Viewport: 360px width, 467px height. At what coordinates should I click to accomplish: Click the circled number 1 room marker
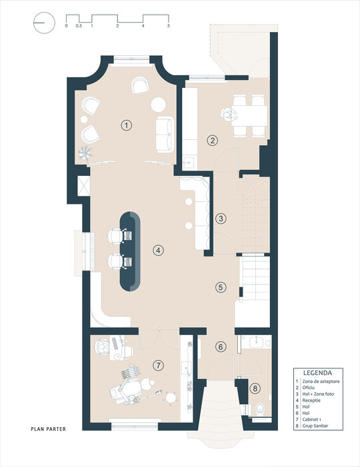point(127,125)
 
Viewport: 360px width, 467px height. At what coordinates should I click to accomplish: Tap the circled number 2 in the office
point(213,140)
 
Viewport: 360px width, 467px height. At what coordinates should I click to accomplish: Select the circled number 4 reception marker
point(158,250)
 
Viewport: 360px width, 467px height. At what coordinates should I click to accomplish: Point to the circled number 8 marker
point(255,388)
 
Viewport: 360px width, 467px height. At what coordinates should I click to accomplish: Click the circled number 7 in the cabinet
point(158,365)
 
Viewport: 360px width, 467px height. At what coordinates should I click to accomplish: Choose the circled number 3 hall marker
point(221,219)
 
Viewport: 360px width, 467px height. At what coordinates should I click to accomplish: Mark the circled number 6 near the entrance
point(221,346)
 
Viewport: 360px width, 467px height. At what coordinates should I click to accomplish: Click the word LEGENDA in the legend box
point(318,372)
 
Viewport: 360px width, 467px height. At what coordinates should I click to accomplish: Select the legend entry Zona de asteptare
point(321,381)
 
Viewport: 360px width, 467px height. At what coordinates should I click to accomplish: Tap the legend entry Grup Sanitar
point(315,426)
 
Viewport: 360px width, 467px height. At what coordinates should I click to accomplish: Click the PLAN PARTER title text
point(48,429)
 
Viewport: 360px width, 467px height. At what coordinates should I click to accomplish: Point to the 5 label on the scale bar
point(169,26)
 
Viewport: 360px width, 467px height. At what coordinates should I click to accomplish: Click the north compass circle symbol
point(45,23)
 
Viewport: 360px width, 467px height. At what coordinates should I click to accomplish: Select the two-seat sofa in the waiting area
point(165,135)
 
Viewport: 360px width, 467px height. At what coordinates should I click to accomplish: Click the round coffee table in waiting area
point(158,105)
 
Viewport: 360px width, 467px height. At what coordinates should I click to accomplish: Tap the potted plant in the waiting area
point(85,153)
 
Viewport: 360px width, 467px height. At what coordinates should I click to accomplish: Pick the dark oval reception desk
point(130,251)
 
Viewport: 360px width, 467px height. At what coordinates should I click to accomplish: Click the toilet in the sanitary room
point(260,410)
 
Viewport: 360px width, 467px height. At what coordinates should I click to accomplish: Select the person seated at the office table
point(229,115)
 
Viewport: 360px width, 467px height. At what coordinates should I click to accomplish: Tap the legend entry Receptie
point(311,400)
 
